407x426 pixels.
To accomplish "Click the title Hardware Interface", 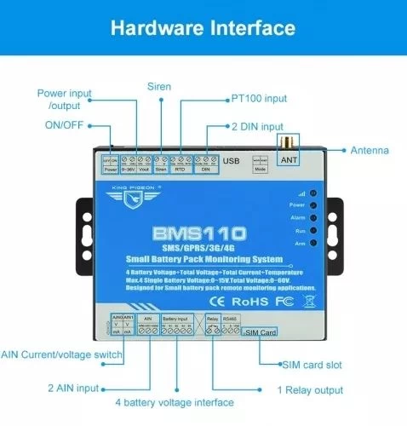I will pos(203,29).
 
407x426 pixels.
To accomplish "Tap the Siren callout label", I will pos(158,86).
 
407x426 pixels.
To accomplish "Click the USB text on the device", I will pos(232,161).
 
